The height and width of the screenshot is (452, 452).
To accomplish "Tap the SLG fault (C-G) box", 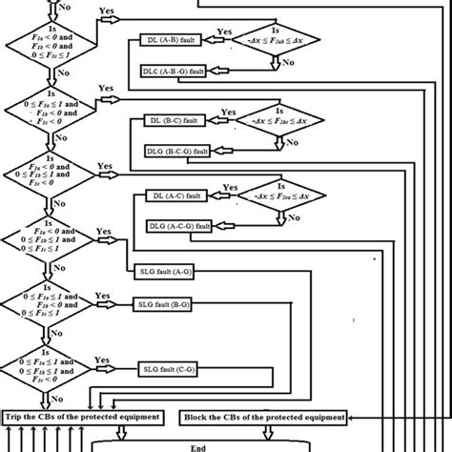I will pos(167,367).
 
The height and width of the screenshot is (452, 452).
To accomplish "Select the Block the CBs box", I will pos(261,416).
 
